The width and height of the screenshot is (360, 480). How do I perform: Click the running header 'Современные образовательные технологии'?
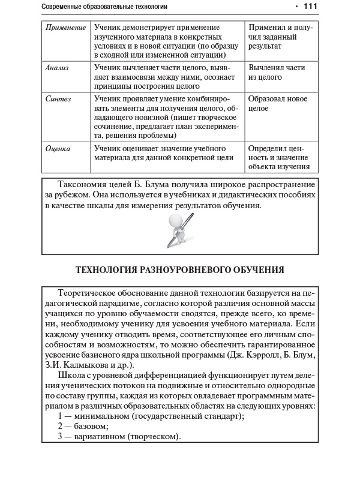pyautogui.click(x=106, y=7)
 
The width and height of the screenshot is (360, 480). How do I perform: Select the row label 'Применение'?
pyautogui.click(x=65, y=28)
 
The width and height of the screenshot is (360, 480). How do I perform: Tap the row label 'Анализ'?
pyautogui.click(x=57, y=68)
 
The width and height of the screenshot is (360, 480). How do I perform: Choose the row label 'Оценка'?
pyautogui.click(x=58, y=148)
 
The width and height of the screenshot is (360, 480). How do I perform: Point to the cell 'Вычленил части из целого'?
pyautogui.click(x=277, y=73)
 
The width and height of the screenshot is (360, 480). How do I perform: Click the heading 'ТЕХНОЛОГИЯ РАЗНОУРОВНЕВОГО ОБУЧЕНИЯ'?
pyautogui.click(x=179, y=271)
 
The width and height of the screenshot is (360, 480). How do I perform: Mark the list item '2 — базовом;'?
pyautogui.click(x=83, y=425)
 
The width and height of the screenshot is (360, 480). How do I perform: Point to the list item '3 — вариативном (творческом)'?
pyautogui.click(x=119, y=436)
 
